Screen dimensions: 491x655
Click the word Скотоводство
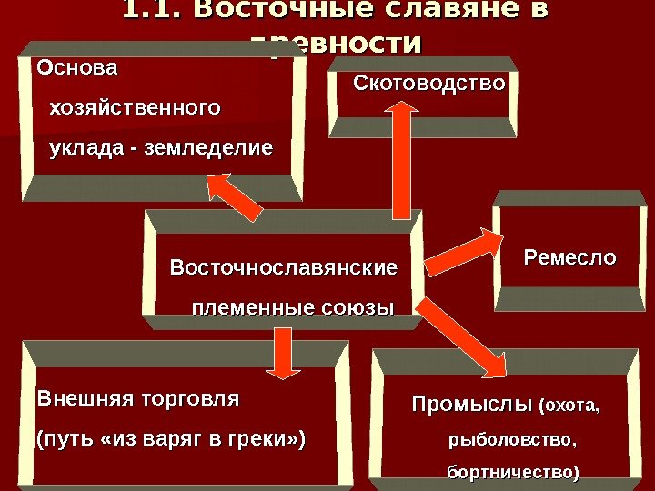pyautogui.click(x=428, y=85)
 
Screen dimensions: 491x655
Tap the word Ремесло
pyautogui.click(x=569, y=257)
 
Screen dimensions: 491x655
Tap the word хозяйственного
pyautogui.click(x=134, y=107)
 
